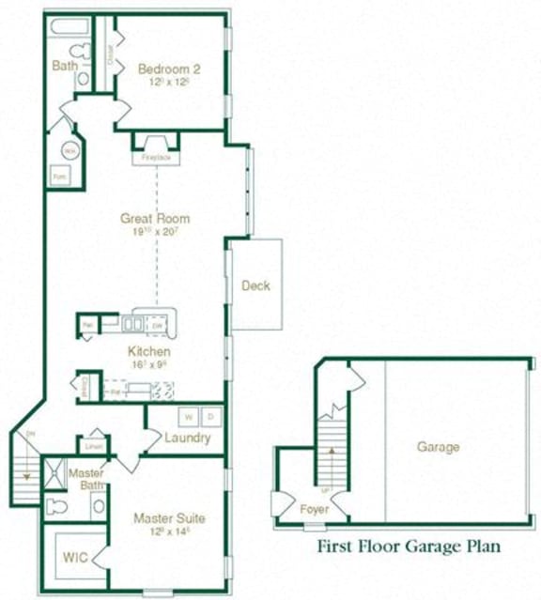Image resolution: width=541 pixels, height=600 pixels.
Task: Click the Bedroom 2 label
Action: tap(169, 69)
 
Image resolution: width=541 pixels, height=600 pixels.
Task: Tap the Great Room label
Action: tap(155, 219)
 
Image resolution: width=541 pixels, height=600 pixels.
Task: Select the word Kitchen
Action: tap(149, 352)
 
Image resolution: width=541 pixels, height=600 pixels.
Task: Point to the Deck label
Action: tap(256, 285)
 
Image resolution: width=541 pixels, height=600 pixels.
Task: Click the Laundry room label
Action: tap(187, 438)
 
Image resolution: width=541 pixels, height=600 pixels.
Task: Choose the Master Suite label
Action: tap(168, 517)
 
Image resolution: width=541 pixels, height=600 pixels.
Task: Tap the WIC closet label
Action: tap(75, 557)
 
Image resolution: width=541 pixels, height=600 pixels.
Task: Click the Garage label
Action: tap(438, 447)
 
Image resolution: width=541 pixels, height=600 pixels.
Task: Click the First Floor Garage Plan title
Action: tap(408, 546)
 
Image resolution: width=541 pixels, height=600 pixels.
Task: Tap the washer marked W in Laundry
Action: tap(188, 416)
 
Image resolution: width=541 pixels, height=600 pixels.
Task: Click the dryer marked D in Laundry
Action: tap(210, 416)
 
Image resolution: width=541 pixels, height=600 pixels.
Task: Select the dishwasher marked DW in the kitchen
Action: tap(158, 326)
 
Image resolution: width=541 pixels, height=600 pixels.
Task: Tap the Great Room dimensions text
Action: tap(155, 232)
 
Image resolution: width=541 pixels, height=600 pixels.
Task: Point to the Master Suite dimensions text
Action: tap(168, 531)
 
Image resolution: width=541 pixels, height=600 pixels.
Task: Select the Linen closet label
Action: tap(93, 446)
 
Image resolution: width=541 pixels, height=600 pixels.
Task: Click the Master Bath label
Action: tap(86, 479)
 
